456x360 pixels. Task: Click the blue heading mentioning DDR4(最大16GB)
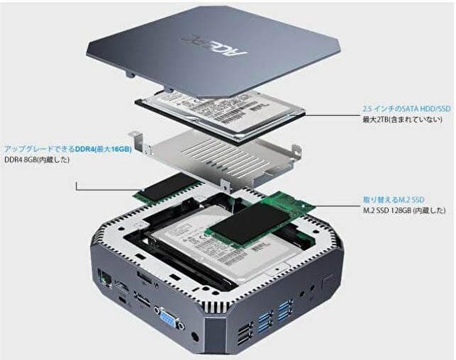click(68, 150)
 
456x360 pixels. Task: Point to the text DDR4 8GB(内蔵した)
click(38, 160)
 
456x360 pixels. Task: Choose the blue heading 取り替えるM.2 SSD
click(391, 200)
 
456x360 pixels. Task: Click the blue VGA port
click(169, 317)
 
